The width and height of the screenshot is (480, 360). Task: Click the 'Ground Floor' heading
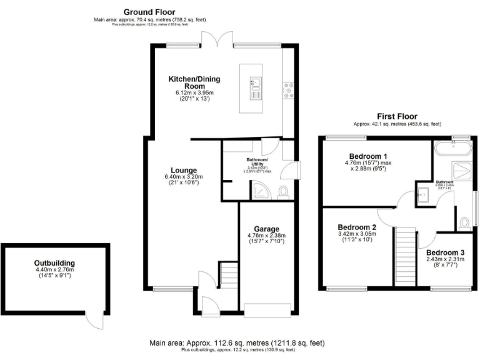(x=149, y=12)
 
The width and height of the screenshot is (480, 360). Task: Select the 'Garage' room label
(x=266, y=229)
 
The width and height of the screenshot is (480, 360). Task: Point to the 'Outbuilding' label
(x=54, y=262)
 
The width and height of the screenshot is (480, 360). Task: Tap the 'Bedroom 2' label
(x=357, y=227)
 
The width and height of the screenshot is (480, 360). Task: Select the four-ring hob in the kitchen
(x=289, y=90)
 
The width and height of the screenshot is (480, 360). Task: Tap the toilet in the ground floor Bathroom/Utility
(x=282, y=192)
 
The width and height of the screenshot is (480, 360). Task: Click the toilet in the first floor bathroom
(x=464, y=222)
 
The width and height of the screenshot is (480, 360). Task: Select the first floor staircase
(x=406, y=256)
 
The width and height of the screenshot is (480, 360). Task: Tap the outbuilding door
(x=95, y=320)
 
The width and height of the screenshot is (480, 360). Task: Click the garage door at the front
(x=266, y=309)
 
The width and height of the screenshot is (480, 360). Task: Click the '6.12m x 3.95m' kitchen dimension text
(x=195, y=93)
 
